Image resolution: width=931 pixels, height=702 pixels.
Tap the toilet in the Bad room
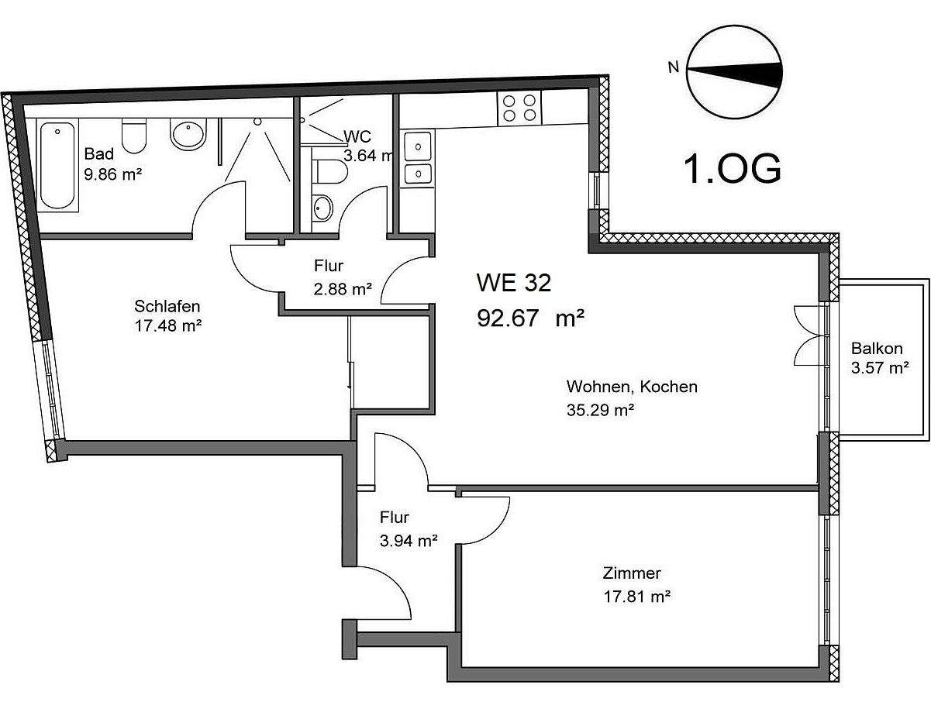(x=134, y=137)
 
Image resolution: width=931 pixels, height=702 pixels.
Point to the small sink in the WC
(x=322, y=208)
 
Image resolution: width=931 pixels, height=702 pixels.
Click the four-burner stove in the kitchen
(x=519, y=108)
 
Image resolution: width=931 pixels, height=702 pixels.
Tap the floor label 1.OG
(x=731, y=170)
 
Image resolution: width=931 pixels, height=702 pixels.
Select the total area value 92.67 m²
(x=530, y=318)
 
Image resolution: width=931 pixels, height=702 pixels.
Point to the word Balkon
(x=877, y=349)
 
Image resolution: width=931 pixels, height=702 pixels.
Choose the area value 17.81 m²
(x=636, y=597)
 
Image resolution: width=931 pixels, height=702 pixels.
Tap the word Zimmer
(x=632, y=574)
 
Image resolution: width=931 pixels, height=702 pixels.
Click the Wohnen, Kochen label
(x=632, y=387)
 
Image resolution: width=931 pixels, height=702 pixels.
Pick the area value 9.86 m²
(x=112, y=174)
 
